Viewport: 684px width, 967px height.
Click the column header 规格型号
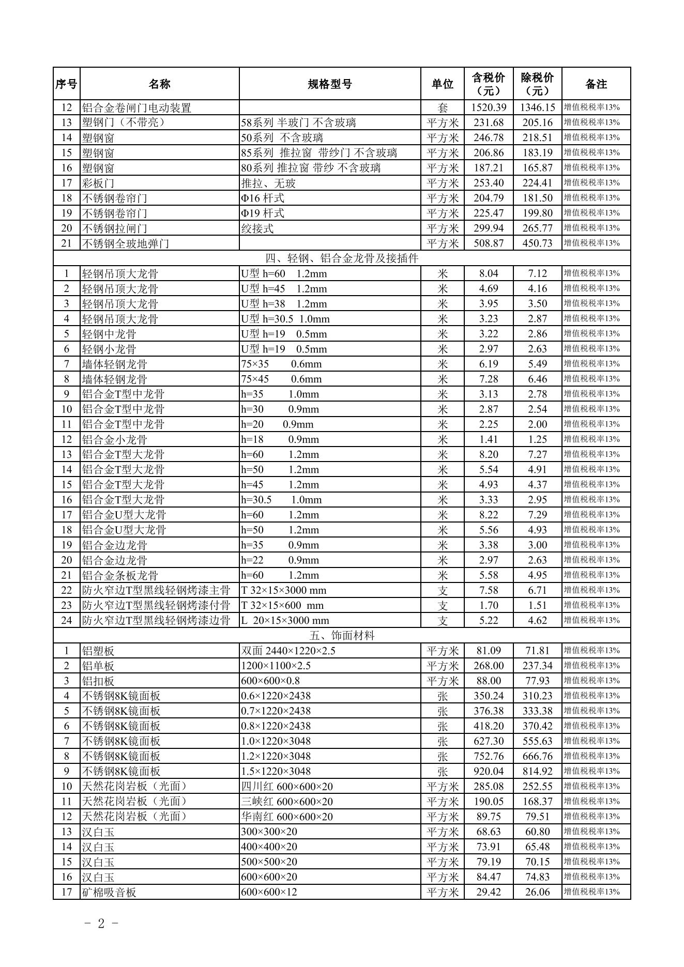point(330,84)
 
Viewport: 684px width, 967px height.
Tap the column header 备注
point(596,84)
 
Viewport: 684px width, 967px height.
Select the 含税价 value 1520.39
point(489,108)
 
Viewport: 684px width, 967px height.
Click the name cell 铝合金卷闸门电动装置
point(136,108)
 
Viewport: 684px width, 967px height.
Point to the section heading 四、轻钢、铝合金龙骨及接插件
point(342,258)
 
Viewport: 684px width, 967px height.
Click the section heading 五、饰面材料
point(342,635)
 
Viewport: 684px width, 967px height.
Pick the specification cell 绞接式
point(257,228)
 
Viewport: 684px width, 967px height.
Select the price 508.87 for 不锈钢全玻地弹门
point(489,243)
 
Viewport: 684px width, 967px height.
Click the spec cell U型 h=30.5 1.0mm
point(285,319)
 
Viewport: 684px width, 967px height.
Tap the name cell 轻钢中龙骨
point(109,334)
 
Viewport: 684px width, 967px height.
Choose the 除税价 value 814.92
point(537,771)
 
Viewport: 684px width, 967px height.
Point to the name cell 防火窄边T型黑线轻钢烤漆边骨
point(156,620)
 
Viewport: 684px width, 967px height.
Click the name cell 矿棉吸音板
point(109,892)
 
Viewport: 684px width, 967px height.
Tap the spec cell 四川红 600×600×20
point(287,787)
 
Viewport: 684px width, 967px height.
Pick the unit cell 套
point(443,108)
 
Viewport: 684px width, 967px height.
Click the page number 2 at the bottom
point(101,923)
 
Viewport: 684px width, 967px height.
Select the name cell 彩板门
point(98,183)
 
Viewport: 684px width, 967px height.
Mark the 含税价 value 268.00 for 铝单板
point(489,666)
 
